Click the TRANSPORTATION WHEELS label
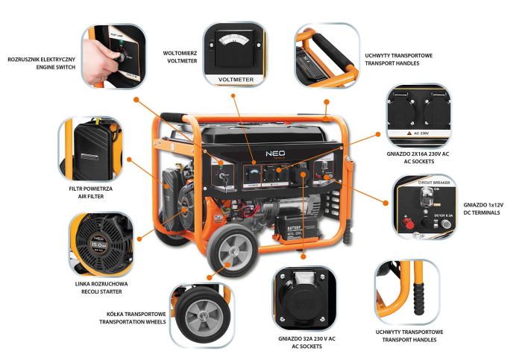click(131, 322)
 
